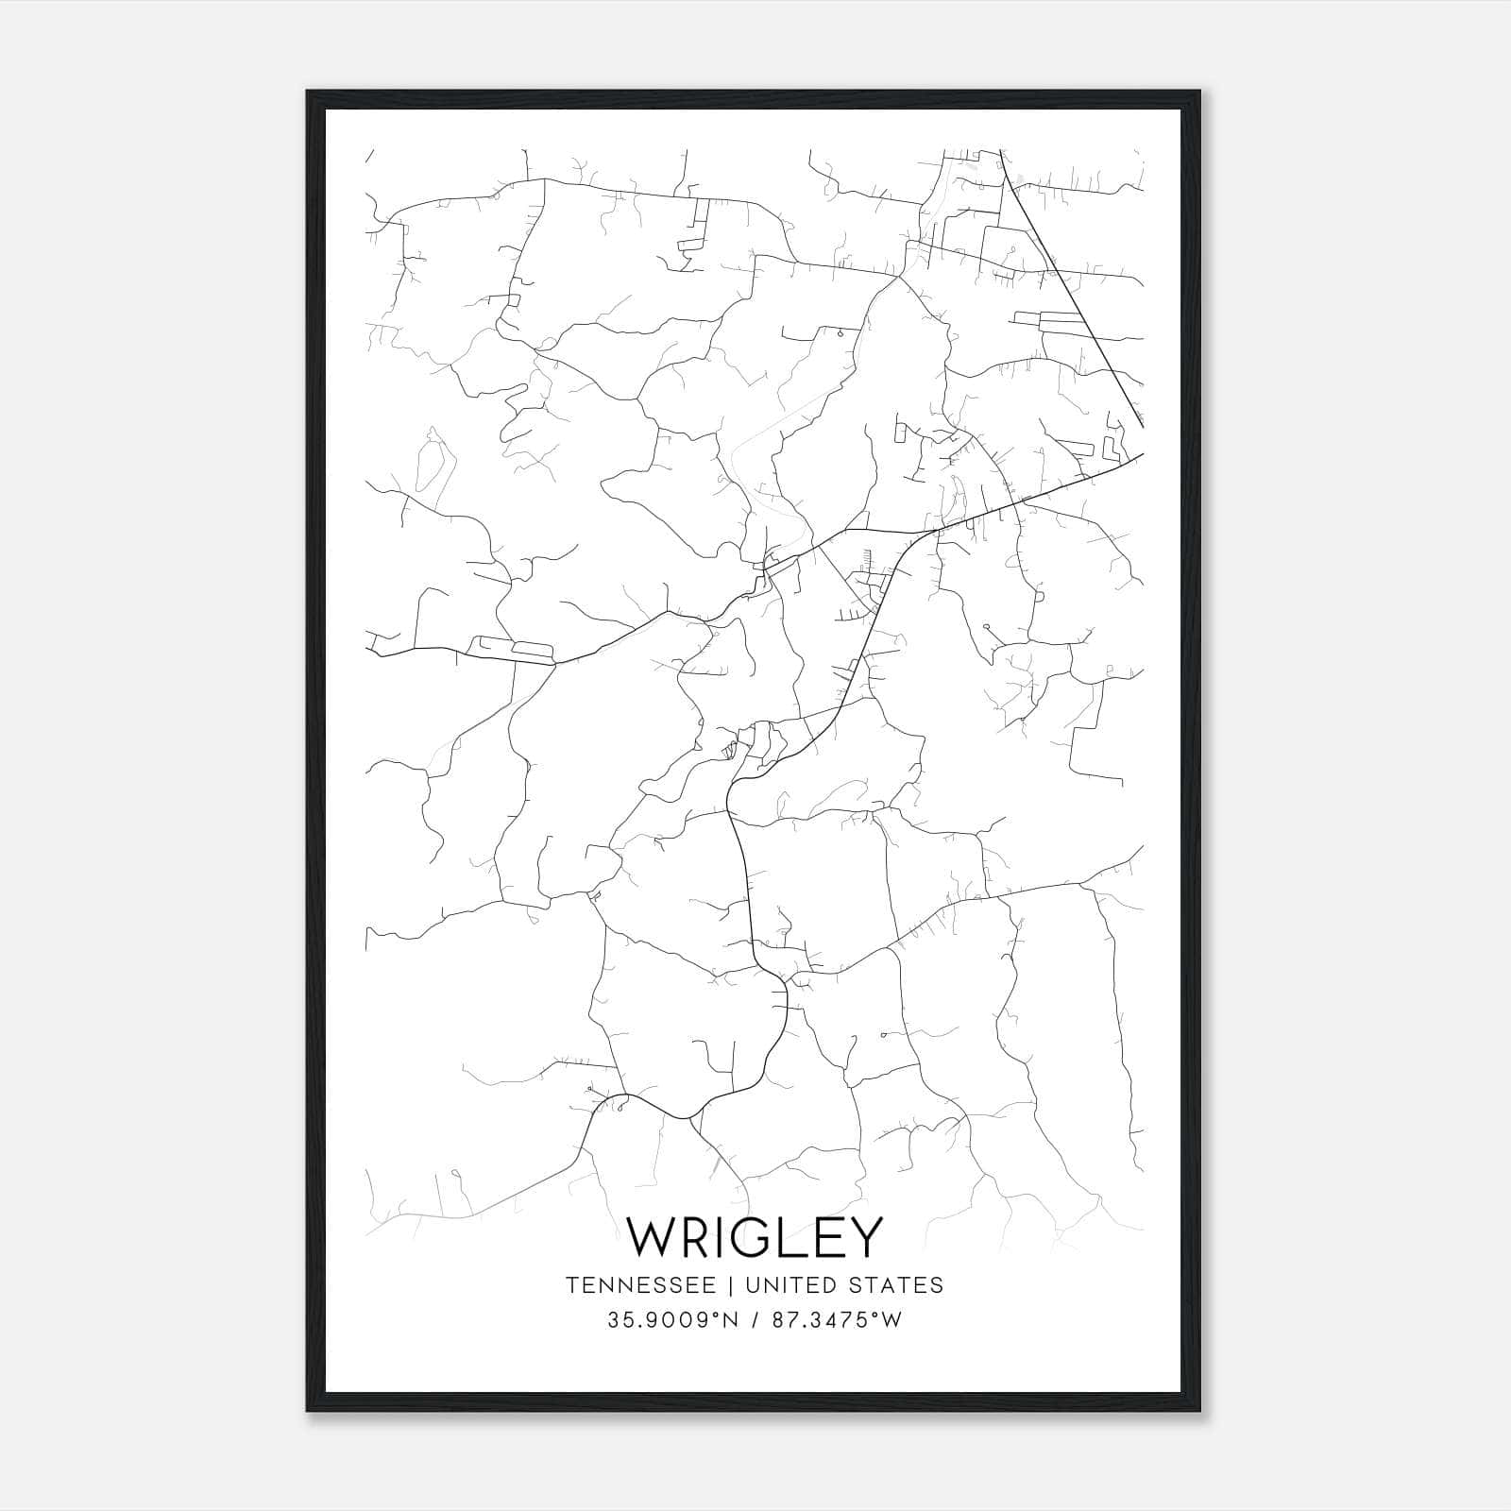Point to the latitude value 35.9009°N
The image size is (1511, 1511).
click(669, 1320)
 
